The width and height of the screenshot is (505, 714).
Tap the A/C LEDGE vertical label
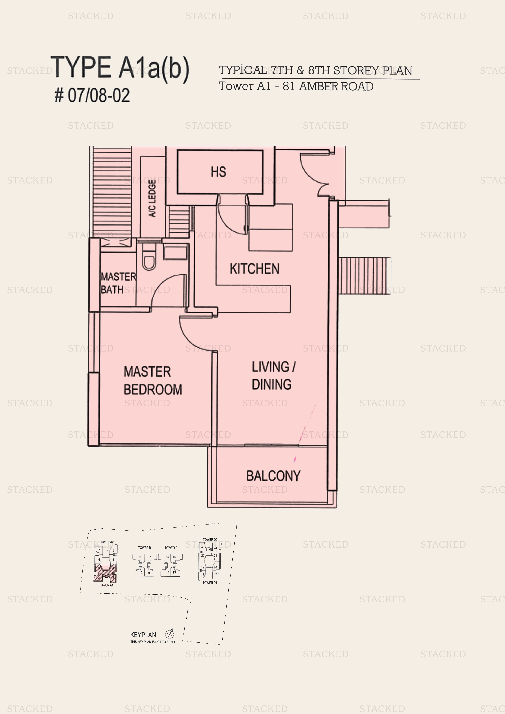point(152,198)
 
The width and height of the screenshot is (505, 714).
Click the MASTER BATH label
point(118,283)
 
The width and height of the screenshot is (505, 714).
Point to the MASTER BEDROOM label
point(153,381)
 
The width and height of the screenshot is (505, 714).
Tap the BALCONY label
point(273,476)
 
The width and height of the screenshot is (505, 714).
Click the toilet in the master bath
point(148,261)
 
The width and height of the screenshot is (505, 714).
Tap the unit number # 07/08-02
point(92,95)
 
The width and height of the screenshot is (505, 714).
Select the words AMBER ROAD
point(336,87)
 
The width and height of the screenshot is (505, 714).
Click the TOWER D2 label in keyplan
point(210,540)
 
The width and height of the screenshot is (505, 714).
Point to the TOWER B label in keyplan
point(144,548)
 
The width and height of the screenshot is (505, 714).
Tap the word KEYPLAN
point(143,635)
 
